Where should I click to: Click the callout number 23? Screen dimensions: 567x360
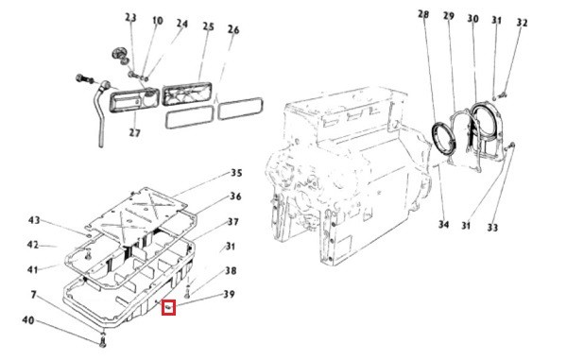click(131, 17)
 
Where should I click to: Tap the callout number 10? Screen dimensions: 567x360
click(157, 21)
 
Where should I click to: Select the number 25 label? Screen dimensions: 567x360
click(208, 26)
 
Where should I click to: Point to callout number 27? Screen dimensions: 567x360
click(134, 132)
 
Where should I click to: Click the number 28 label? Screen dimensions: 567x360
click(423, 14)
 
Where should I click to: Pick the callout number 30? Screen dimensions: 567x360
click(473, 19)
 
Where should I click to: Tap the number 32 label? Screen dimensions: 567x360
click(522, 23)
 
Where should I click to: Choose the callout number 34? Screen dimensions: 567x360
click(444, 224)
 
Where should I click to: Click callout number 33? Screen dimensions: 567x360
click(492, 228)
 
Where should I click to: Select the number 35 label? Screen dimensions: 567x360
click(236, 173)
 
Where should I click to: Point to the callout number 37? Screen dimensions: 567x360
click(233, 221)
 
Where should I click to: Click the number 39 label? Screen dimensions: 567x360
click(229, 294)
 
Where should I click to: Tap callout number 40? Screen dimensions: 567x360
click(28, 320)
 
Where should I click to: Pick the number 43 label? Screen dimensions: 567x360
click(34, 220)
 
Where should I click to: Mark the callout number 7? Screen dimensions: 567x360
click(34, 295)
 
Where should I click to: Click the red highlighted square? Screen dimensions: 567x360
click(168, 307)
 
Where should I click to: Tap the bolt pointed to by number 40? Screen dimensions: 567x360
click(102, 341)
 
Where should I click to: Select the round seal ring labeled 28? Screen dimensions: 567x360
click(444, 138)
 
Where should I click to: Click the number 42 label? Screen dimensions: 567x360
click(33, 245)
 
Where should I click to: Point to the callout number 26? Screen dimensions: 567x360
click(233, 29)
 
